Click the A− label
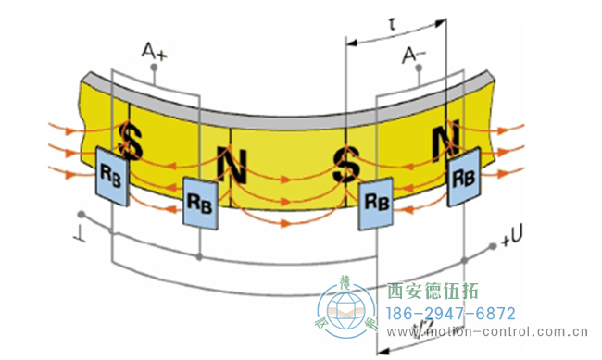pyautogui.click(x=414, y=56)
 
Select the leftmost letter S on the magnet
pyautogui.click(x=132, y=142)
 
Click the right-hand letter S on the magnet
pyautogui.click(x=347, y=166)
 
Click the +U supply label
pyautogui.click(x=513, y=241)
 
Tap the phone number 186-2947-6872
pyautogui.click(x=450, y=314)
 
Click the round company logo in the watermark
pyautogui.click(x=346, y=312)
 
